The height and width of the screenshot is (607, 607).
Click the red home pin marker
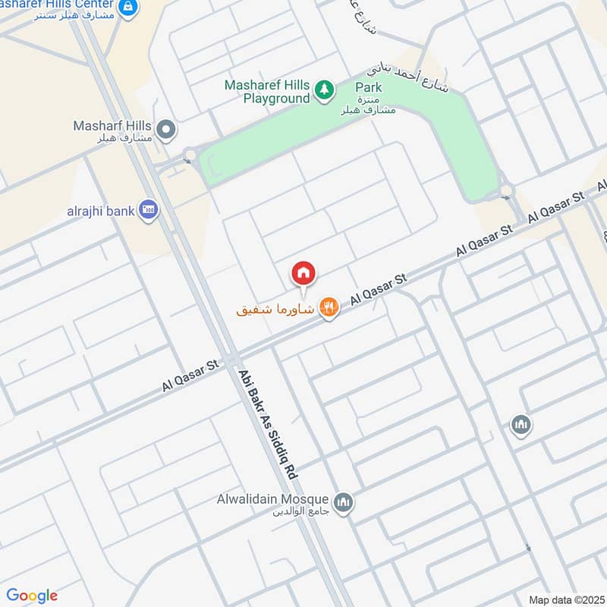point(303,273)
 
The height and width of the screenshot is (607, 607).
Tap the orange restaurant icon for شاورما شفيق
point(329,307)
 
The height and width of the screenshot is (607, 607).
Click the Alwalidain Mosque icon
point(344,502)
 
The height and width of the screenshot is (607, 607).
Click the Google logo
point(32,596)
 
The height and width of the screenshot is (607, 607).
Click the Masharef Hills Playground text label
point(267,91)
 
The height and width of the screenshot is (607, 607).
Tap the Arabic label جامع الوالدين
point(303,512)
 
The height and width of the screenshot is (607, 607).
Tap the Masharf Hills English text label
point(112,125)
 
